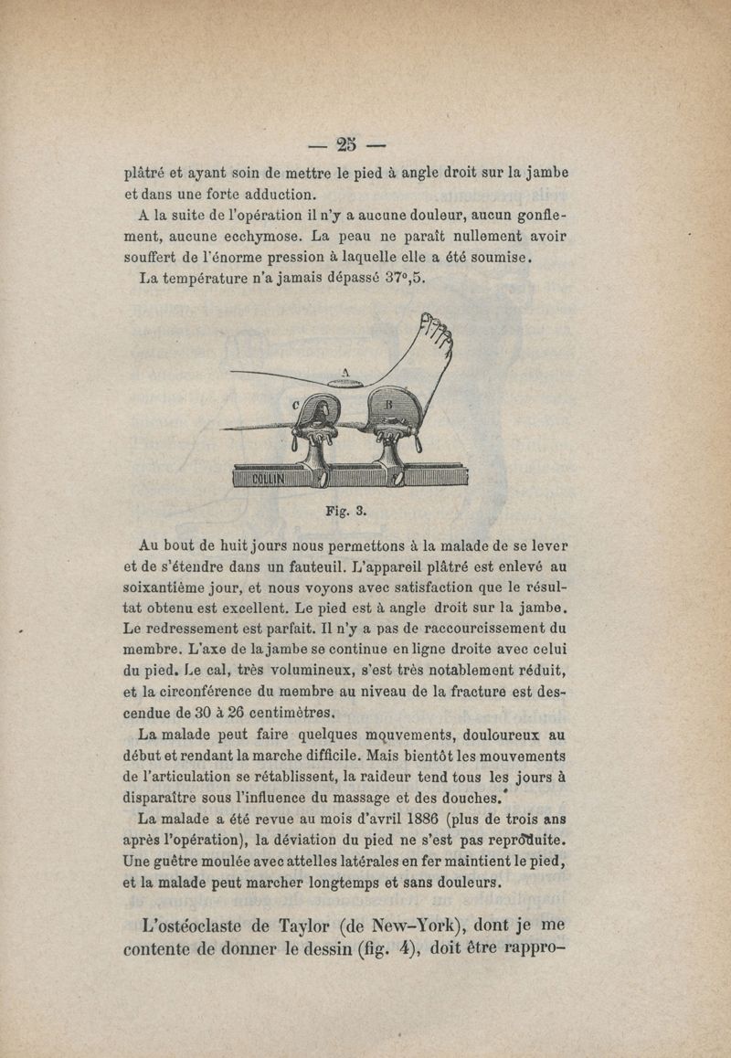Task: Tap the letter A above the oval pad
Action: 345,372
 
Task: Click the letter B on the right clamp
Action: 387,403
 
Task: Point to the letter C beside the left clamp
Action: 295,404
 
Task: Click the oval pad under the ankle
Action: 348,384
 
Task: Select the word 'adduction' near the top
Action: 276,194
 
